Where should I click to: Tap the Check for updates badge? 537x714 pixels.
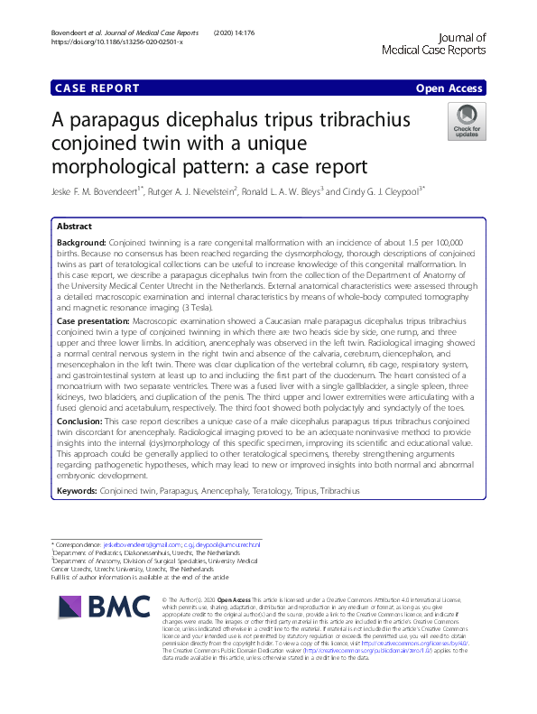[467, 123]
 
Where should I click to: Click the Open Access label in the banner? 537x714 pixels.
[450, 88]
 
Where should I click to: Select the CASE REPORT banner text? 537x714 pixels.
[97, 88]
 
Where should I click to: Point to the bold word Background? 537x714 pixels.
[81, 244]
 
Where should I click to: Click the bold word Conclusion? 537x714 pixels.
[80, 446]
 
